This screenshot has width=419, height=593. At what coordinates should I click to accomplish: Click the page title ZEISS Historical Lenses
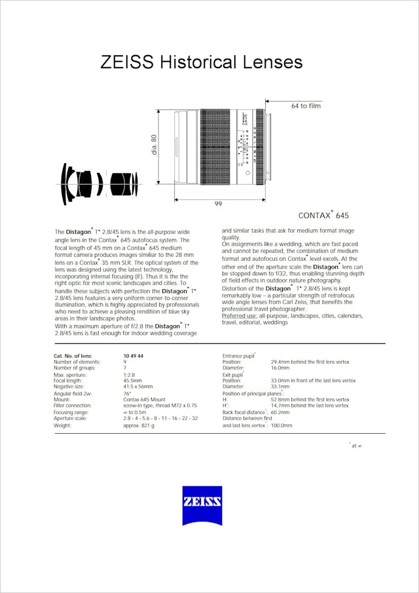201,62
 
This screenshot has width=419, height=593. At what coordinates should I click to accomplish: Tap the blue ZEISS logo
202,505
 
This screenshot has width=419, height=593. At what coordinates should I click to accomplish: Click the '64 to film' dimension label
306,105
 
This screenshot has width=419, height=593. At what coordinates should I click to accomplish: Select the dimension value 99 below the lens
218,204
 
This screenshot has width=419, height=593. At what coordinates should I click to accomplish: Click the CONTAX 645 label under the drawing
323,215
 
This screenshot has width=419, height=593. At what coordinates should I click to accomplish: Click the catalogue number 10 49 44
133,356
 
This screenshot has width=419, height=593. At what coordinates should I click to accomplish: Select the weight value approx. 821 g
139,425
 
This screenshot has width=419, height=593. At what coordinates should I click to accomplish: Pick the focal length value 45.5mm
133,380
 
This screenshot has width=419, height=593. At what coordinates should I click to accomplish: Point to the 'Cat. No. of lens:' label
73,356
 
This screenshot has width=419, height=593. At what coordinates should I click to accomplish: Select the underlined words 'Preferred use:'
239,316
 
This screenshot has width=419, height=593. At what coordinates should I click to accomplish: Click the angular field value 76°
127,393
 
